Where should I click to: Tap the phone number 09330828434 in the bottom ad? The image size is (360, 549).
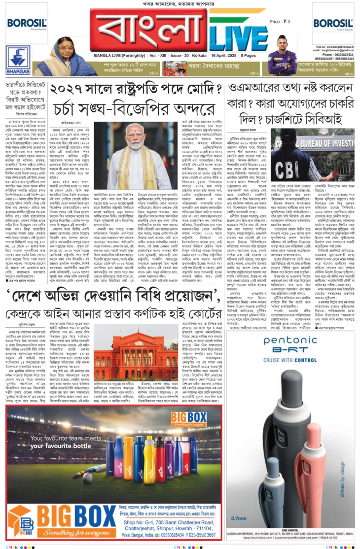coord(175,535)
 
